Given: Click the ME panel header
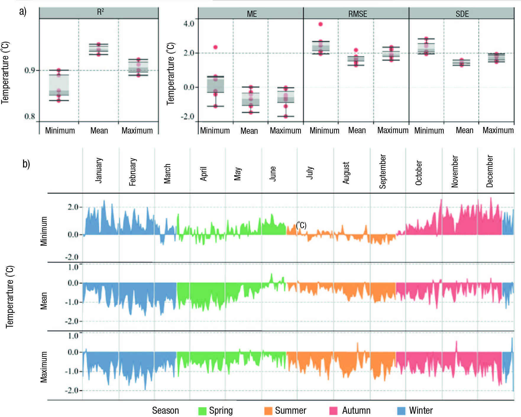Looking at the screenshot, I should pos(251,14).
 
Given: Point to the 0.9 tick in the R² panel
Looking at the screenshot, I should pos(30,70).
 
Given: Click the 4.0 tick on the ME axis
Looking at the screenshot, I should pos(189,24).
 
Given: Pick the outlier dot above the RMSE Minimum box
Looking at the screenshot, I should pos(321,24).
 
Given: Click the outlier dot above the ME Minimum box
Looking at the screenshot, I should pos(216,47).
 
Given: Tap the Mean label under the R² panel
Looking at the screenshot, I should pos(99,131).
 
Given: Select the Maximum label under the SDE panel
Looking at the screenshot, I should pos(498,130).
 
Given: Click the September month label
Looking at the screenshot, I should pos(383,171).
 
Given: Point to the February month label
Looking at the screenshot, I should pos(132,172).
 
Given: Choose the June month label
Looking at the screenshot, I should pos(273,173).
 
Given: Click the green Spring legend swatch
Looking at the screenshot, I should pos(202,411).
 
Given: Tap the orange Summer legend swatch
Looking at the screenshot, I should pos(268,411).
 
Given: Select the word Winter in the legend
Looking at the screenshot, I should pos(421,410).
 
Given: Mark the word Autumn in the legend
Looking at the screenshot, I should pos(356,410).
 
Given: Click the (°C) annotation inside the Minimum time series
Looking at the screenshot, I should pos(301,225).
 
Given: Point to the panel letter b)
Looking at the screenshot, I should pos(26,164).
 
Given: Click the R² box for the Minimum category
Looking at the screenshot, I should pos(59,85).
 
